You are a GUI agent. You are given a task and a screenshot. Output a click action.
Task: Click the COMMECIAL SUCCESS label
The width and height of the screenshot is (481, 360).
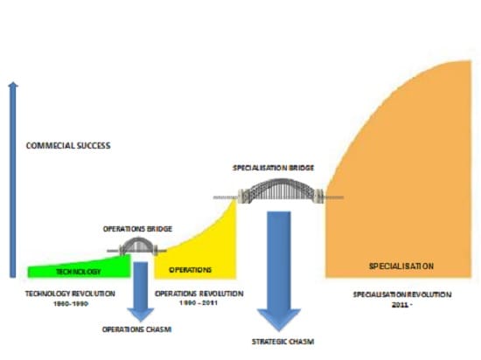coord(68,146)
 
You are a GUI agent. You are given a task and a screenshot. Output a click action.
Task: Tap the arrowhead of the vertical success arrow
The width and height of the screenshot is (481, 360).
coord(13,85)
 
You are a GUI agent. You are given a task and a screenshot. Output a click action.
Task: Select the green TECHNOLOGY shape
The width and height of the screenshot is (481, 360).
coord(79,268)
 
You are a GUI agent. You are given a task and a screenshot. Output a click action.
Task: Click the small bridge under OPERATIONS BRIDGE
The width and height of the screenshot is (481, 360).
coord(137,246)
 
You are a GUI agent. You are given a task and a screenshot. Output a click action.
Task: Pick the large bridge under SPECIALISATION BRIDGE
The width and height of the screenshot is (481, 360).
coord(279,190)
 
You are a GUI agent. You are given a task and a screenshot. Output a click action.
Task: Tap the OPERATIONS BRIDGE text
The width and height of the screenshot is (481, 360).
coord(137,229)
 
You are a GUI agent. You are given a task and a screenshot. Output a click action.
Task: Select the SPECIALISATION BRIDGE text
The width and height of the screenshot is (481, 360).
coord(274,168)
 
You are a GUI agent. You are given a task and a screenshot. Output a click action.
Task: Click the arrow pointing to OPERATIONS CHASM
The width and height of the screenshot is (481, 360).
coord(141,291)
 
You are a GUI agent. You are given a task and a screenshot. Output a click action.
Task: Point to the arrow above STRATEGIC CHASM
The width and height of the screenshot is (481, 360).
coord(278,271)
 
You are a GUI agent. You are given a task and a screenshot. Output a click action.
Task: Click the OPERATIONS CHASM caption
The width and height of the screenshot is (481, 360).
coord(136,329)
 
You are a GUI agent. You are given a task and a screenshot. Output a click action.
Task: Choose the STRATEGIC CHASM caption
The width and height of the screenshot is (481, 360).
coord(282,342)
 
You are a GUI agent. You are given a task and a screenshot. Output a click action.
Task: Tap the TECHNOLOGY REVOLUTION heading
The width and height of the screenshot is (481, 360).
coord(70,294)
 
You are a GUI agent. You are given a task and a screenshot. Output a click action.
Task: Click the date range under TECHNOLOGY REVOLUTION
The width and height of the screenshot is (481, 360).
coord(71,304)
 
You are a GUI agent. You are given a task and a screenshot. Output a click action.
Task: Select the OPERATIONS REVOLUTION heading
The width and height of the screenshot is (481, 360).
coord(199,294)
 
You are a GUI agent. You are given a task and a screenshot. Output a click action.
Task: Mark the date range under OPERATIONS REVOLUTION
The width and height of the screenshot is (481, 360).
coord(199,303)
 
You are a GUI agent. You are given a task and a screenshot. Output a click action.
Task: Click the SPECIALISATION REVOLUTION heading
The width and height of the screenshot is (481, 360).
coord(402,294)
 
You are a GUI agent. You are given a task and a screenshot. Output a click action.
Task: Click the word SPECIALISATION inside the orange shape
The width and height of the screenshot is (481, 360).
coord(401,267)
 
